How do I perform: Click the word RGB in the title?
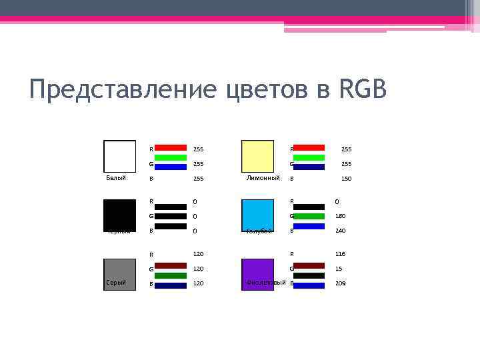(x=363, y=89)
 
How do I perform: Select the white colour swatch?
(x=119, y=157)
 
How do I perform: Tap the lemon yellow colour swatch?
(x=257, y=157)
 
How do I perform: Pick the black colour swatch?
(x=119, y=215)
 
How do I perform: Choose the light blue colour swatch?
(x=257, y=215)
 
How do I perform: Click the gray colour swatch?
(x=119, y=274)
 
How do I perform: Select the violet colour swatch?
(x=257, y=274)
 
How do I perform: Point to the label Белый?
(x=116, y=178)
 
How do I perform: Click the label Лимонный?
(x=263, y=178)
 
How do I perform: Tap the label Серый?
(x=116, y=283)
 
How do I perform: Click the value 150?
(x=346, y=179)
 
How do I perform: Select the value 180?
(x=340, y=216)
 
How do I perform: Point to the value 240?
(x=340, y=231)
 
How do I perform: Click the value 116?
(x=340, y=254)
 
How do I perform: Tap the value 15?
(x=339, y=269)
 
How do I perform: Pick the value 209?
(x=340, y=283)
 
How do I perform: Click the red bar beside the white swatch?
(x=171, y=147)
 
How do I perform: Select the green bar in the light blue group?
(x=309, y=216)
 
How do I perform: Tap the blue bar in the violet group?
(x=309, y=285)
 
